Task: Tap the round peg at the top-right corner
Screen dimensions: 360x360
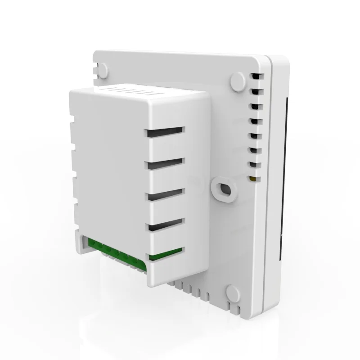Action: point(237,81)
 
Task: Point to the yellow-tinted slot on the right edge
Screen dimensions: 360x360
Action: point(254,179)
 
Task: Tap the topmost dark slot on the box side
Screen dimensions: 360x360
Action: point(165,130)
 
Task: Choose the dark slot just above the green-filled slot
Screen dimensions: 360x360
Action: point(165,223)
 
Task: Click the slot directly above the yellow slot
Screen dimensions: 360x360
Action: point(254,164)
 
